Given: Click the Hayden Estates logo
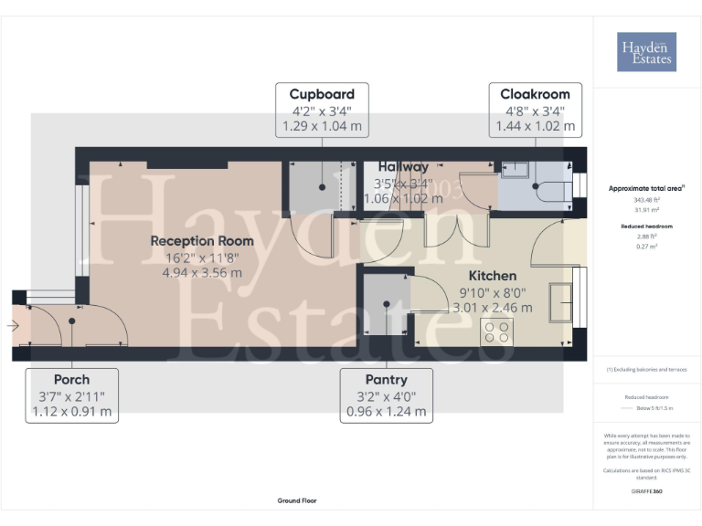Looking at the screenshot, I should click(x=646, y=52).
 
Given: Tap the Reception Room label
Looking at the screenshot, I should click(x=202, y=241).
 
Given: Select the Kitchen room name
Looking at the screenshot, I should click(x=493, y=275).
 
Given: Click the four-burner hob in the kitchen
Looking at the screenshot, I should click(x=498, y=331).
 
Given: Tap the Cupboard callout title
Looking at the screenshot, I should click(x=322, y=94).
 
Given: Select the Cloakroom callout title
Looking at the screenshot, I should click(x=535, y=94).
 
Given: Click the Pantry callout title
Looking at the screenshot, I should click(x=386, y=380).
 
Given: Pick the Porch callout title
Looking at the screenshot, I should click(x=71, y=380).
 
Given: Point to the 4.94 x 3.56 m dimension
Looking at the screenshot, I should click(x=202, y=272).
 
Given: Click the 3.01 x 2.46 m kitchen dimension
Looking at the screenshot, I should click(x=493, y=307).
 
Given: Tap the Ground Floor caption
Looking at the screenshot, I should click(x=297, y=500).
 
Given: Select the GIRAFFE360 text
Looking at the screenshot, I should click(x=646, y=491).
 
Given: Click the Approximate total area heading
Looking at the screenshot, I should click(x=646, y=188).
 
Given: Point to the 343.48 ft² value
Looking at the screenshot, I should click(x=646, y=199).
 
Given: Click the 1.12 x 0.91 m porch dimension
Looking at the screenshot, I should click(x=71, y=411).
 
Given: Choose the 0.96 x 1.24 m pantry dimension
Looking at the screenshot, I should click(x=386, y=411).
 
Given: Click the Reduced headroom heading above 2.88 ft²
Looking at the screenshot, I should click(x=646, y=225).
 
